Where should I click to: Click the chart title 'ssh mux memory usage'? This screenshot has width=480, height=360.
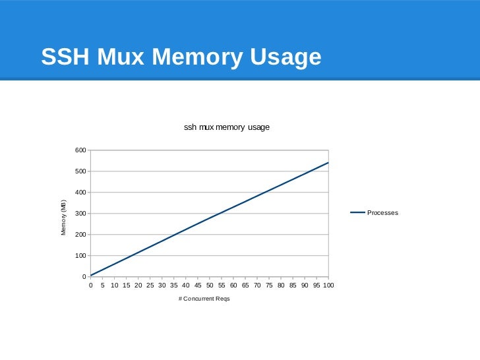[226, 127]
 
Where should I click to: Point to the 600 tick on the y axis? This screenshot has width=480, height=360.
[80, 150]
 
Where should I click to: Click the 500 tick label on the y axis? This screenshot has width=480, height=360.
[80, 171]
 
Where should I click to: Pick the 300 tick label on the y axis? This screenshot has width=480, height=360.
[80, 214]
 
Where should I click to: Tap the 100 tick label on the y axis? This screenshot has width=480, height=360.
[80, 256]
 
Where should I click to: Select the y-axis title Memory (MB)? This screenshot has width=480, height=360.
[64, 217]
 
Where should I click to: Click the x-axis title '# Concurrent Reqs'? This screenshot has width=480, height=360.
[204, 299]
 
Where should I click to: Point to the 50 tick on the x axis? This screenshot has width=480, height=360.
[210, 285]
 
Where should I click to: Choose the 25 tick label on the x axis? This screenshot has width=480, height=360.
[150, 285]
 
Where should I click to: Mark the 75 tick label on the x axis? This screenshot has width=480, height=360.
[269, 285]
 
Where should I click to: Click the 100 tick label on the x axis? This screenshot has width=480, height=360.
[328, 285]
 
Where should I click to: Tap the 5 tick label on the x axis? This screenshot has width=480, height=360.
[103, 285]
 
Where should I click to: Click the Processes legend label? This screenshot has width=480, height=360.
[382, 213]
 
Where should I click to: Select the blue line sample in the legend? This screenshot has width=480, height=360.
[357, 212]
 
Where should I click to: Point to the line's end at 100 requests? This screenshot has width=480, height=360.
[328, 163]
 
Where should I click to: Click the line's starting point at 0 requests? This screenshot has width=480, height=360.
[91, 275]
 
